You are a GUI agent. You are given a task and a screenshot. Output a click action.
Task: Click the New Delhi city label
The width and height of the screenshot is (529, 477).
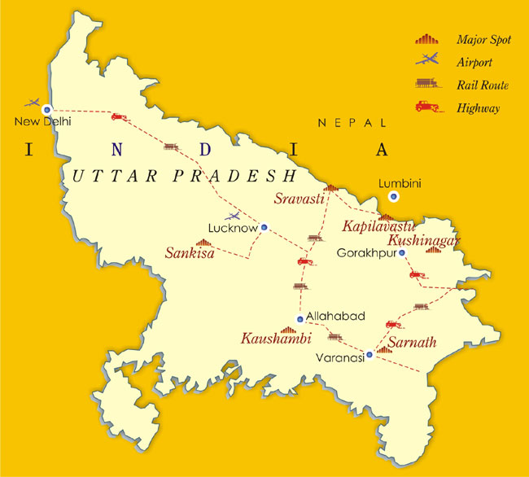click(x=43, y=121)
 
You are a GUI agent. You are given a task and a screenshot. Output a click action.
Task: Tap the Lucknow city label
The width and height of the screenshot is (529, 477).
click(x=233, y=229)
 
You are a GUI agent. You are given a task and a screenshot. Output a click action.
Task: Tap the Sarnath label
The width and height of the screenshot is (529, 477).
click(x=412, y=342)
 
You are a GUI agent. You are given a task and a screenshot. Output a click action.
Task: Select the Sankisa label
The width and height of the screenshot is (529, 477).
click(x=190, y=253)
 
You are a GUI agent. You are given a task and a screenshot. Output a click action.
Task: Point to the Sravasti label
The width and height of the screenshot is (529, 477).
click(x=297, y=197)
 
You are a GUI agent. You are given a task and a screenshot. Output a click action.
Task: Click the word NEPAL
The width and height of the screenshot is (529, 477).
click(x=352, y=123)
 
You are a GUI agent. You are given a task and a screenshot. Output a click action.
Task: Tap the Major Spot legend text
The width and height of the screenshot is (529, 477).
click(x=483, y=39)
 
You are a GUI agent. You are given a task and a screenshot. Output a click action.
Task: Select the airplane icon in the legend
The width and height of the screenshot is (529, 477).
click(x=425, y=60)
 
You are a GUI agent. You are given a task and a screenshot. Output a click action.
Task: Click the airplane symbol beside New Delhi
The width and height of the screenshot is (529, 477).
click(x=33, y=104)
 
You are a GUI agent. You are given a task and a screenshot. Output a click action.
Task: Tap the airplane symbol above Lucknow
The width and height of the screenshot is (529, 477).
click(x=234, y=216)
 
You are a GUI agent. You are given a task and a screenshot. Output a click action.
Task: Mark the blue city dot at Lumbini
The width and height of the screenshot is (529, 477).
click(x=394, y=196)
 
